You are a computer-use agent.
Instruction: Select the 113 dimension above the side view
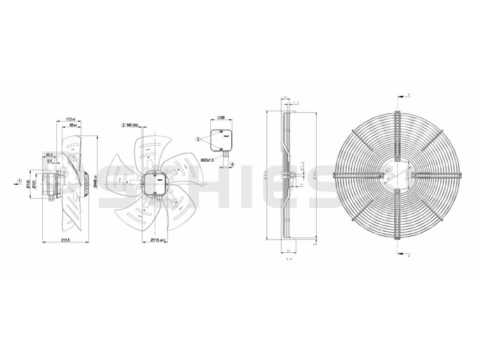(x=69, y=119)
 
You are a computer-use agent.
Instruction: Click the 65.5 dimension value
(x=48, y=154)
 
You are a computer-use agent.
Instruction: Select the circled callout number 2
(x=123, y=125)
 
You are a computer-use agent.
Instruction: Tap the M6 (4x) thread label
(x=134, y=125)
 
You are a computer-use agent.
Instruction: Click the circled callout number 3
(x=198, y=140)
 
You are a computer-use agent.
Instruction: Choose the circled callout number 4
(x=231, y=165)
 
